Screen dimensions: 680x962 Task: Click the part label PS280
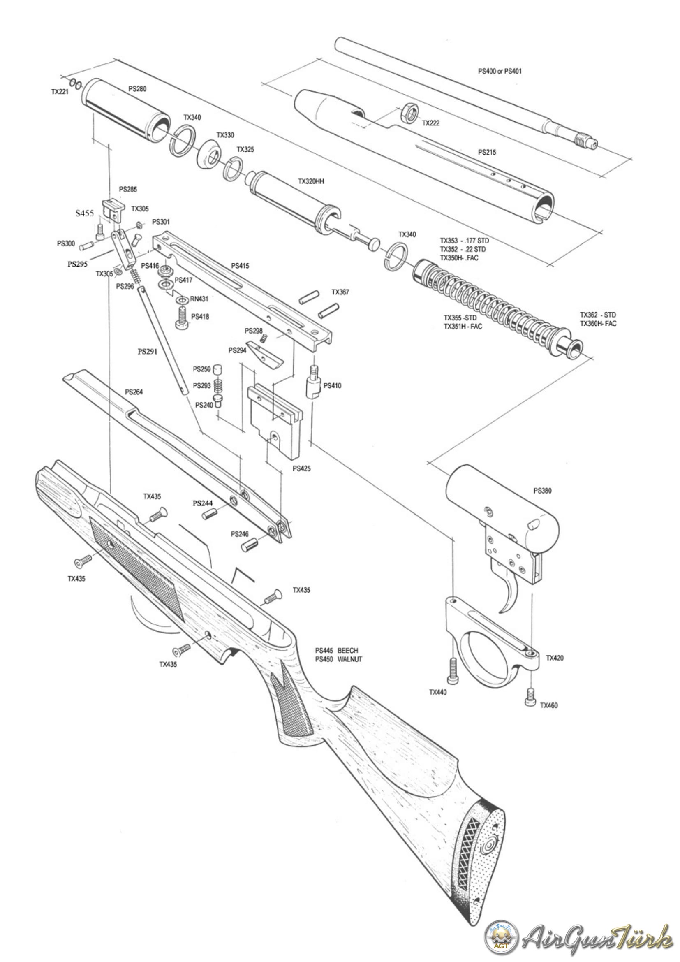tap(137, 89)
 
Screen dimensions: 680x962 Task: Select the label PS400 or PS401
tap(500, 71)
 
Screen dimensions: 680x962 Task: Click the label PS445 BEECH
tap(337, 650)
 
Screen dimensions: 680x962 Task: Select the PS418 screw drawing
tap(182, 318)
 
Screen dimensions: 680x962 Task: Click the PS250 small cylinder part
tap(217, 370)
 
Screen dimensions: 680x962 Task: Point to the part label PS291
tap(148, 352)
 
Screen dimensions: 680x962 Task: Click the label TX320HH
tap(311, 181)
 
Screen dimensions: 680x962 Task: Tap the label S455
tap(85, 213)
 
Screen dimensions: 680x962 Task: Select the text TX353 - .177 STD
tap(464, 241)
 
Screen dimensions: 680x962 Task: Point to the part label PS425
tap(301, 468)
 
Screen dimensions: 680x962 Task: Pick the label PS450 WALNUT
tap(338, 659)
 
